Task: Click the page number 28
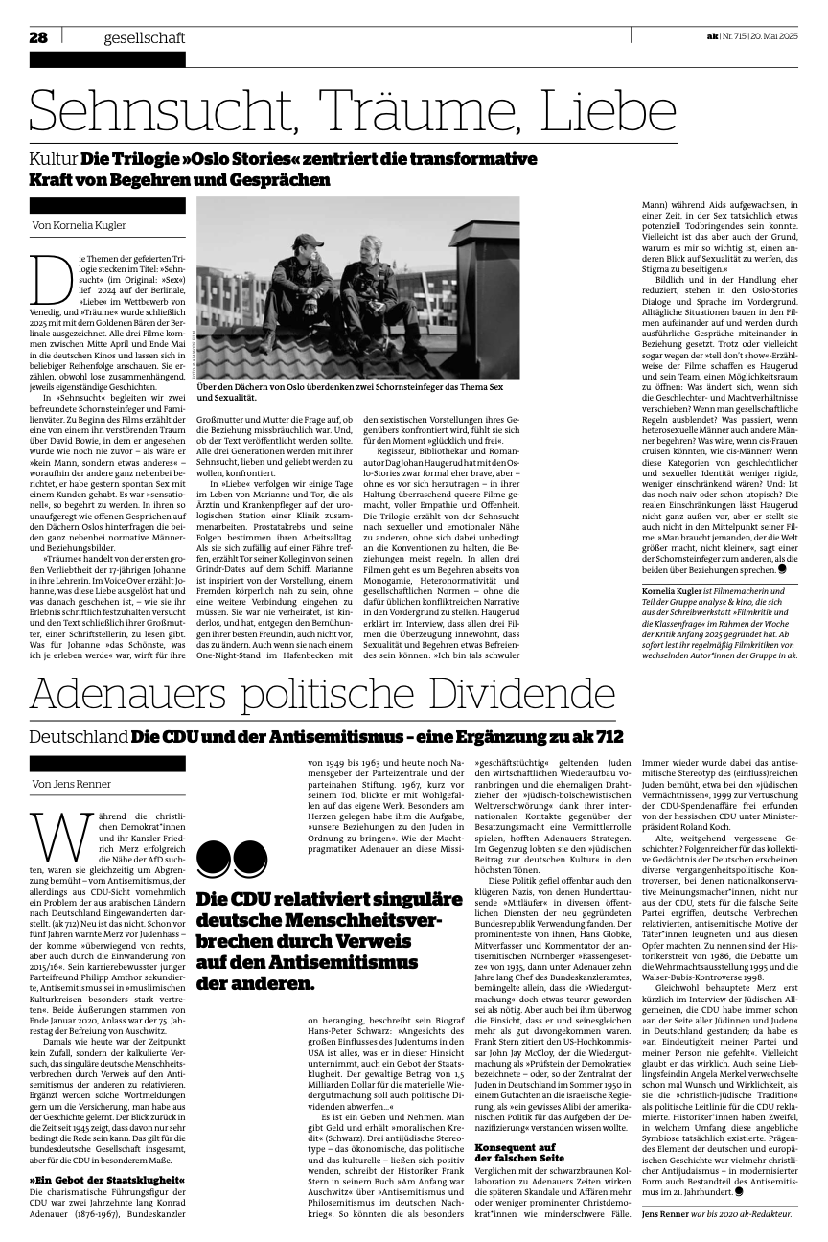(x=38, y=38)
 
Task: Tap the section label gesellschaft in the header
(x=145, y=38)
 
